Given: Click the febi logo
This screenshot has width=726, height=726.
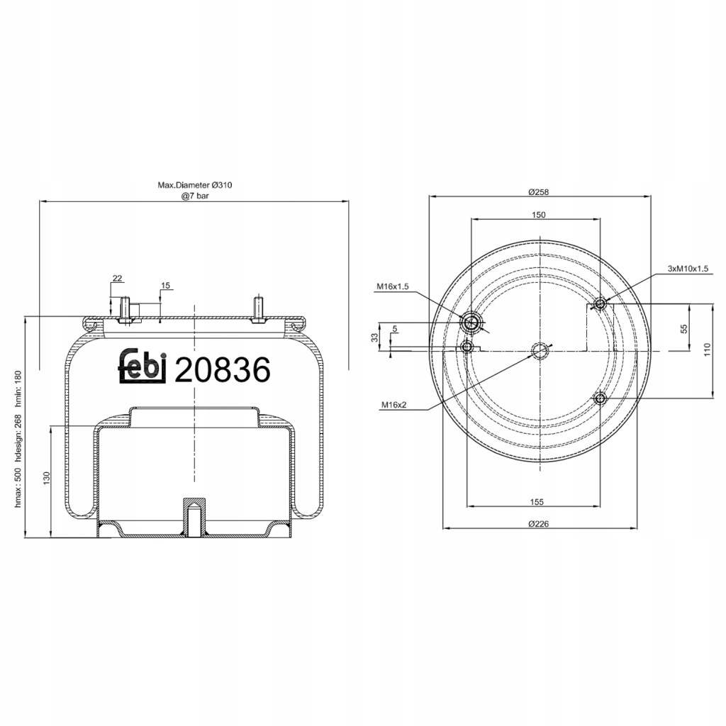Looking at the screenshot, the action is pyautogui.click(x=143, y=365).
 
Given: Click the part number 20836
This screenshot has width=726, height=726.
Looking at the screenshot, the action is pyautogui.click(x=222, y=370).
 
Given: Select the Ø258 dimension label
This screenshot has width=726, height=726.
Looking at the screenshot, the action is pyautogui.click(x=539, y=191).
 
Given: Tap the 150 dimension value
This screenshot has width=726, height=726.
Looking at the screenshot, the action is pyautogui.click(x=539, y=214).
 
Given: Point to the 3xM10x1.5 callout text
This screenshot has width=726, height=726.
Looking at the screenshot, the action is pyautogui.click(x=688, y=269).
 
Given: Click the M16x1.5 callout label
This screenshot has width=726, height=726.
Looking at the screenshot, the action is pyautogui.click(x=392, y=286).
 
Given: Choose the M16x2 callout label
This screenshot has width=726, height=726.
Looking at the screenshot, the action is pyautogui.click(x=394, y=405).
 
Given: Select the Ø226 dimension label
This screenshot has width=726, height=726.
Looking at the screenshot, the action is pyautogui.click(x=539, y=524).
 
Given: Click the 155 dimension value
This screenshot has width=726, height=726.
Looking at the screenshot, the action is pyautogui.click(x=537, y=502).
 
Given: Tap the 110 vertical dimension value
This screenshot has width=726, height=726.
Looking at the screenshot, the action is pyautogui.click(x=707, y=349).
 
